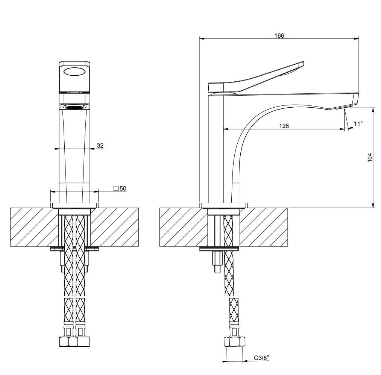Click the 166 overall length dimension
pos(279,35)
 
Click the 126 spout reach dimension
pos(284,126)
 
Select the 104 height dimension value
pos(370,157)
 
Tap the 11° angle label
pos(358,123)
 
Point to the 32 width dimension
pos(100,145)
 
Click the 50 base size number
pos(123,188)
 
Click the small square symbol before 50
pos(116,188)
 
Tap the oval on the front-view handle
pos(75,72)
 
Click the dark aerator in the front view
pos(75,107)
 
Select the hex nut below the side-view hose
pos(233,342)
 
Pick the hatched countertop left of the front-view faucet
pos(32,227)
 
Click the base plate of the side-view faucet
pos(224,205)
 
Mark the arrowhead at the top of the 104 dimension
pos(373,110)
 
